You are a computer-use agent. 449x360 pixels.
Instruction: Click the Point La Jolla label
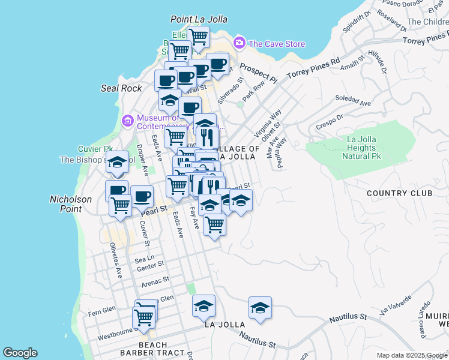pyautogui.click(x=199, y=20)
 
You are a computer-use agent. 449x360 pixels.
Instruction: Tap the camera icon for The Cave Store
pyautogui.click(x=240, y=43)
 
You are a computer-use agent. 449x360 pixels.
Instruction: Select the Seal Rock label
pyautogui.click(x=121, y=88)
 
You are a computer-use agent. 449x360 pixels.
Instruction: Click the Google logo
pyautogui.click(x=20, y=353)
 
